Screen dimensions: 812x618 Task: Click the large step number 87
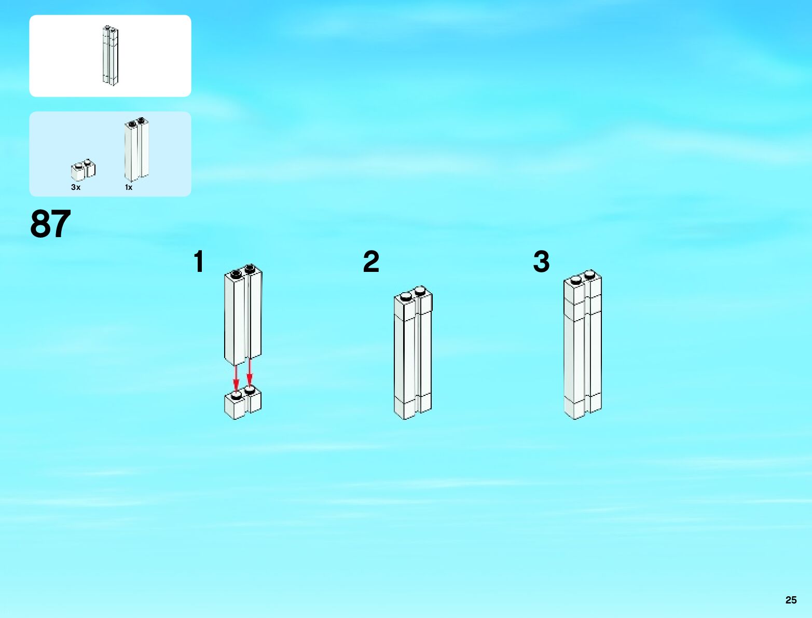[50, 224]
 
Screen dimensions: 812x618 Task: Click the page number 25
[791, 600]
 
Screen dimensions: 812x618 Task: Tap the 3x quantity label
[76, 187]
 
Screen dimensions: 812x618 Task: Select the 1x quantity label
[129, 187]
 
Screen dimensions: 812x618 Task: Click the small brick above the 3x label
[83, 170]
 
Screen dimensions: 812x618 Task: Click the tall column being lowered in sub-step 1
[242, 317]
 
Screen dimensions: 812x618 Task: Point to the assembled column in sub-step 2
[412, 353]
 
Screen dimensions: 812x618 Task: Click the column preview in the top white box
[110, 55]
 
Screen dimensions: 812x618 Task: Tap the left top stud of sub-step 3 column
[576, 280]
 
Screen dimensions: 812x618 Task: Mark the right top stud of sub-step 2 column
[420, 290]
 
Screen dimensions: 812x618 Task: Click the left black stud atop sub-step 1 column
[236, 273]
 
